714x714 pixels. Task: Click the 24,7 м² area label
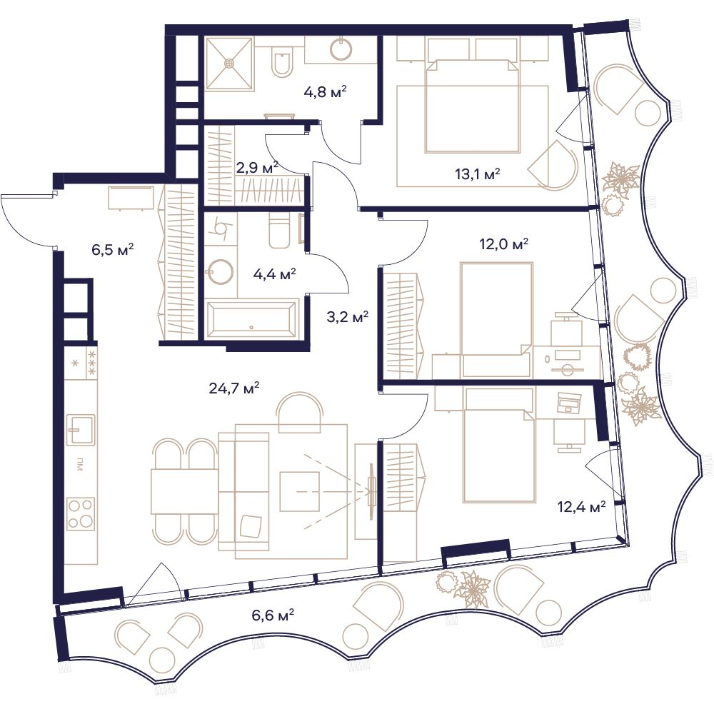pos(234,388)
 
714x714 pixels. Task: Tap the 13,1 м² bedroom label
pos(478,174)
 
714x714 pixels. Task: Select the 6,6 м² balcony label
pos(273,615)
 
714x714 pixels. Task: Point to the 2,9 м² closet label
pos(257,168)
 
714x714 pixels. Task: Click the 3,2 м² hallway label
pos(348,316)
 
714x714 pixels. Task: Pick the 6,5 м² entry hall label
pos(113,249)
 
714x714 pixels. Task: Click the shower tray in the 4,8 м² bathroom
pos(229,63)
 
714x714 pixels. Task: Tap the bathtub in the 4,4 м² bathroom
pos(251,318)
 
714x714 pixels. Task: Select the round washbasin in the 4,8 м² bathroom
pos(341,49)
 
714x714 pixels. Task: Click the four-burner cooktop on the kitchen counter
pos(81,513)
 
